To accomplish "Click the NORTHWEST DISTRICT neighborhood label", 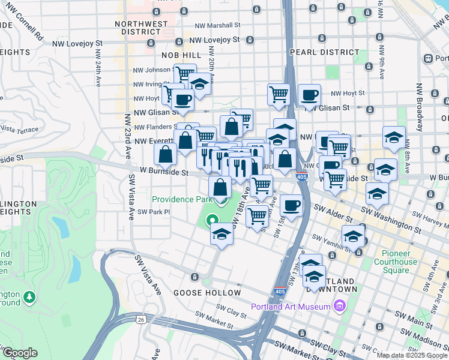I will tap(142, 28).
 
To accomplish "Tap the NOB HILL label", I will tap(179, 55).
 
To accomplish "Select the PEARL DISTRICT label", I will tap(316, 52).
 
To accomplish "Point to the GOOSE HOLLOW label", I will tap(198, 293).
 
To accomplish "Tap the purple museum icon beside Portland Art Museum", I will tap(340, 307).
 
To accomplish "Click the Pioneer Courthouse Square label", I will tap(395, 266).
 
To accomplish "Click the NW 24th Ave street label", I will tap(97, 70).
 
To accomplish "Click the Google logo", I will tap(19, 353).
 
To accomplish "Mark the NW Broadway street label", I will tap(420, 102).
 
